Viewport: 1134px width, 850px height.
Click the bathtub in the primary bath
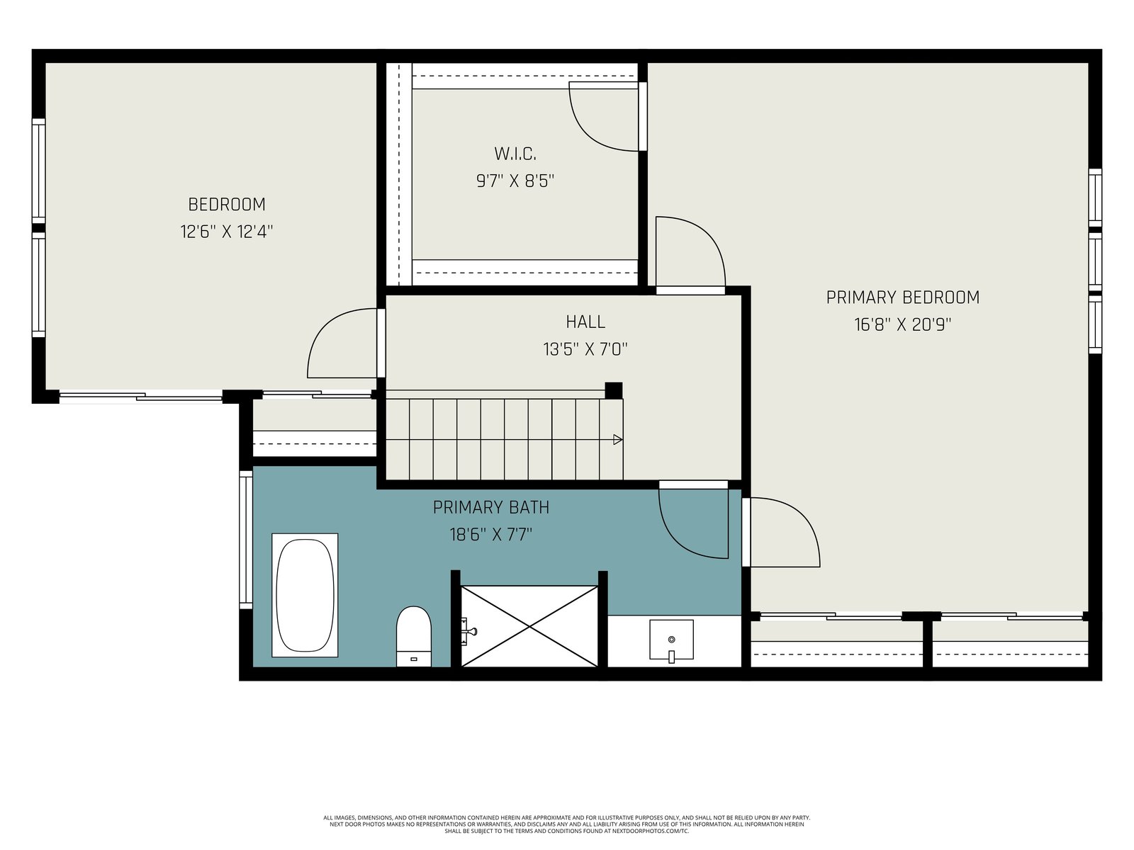coord(304,595)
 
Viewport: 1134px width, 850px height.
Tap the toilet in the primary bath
coord(413,636)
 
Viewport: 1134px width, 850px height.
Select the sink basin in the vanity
coord(671,640)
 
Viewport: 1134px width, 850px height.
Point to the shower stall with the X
coord(529,626)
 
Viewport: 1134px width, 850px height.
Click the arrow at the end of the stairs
coord(617,440)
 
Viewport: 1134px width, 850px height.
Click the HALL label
coord(585,322)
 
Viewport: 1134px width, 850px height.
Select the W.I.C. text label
coord(515,154)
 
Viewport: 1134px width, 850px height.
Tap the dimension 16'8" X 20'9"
coord(902,324)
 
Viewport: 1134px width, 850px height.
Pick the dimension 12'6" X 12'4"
coord(226,232)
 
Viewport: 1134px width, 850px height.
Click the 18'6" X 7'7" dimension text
coord(490,534)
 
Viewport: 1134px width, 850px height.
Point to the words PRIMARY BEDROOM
coord(902,297)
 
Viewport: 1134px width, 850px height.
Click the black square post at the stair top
coord(613,390)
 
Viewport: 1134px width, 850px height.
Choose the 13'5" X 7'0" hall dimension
coord(585,349)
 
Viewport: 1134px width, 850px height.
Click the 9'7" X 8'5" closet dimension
coord(515,181)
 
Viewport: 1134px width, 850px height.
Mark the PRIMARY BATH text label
coord(490,507)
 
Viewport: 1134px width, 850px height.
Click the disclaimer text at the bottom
coord(567,824)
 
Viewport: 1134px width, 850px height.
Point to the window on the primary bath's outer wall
coord(245,539)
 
